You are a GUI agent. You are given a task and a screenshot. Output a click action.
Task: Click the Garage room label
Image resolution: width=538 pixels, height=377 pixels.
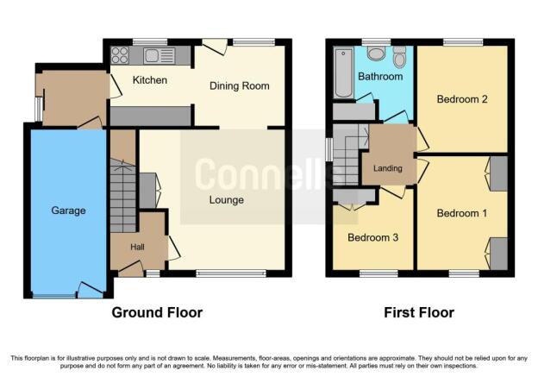tap(68, 210)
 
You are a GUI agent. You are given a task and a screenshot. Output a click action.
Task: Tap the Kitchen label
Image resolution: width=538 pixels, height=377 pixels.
tap(150, 80)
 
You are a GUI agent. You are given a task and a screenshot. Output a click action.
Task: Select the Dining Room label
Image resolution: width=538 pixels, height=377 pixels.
tap(239, 85)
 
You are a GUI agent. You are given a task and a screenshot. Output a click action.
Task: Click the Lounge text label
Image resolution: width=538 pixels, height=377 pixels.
tap(227, 200)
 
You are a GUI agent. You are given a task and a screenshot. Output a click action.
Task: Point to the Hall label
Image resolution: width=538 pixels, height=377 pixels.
tap(137, 247)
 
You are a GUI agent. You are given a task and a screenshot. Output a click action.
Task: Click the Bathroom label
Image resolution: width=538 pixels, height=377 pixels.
tap(380, 76)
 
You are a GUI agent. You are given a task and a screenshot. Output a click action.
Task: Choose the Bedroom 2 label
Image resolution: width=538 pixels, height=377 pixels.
tap(462, 99)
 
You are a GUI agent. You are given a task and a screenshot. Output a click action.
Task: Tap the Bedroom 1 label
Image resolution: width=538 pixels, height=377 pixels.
tap(462, 213)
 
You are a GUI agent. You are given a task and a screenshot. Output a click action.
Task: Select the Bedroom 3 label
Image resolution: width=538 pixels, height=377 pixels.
tap(372, 237)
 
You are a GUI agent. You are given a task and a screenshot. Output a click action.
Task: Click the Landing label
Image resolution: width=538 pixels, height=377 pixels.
tap(388, 168)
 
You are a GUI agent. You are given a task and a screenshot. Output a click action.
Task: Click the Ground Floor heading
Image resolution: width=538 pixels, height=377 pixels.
tap(157, 312)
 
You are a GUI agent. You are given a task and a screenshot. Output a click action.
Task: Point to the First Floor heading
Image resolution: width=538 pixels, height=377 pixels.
tap(419, 312)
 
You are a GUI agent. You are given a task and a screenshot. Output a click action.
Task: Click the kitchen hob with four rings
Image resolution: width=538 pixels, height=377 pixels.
tap(120, 55)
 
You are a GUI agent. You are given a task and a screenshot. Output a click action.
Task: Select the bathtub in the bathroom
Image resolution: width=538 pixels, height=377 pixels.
tap(343, 73)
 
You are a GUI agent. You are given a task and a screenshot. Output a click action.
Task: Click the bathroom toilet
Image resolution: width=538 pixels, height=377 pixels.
tap(399, 57)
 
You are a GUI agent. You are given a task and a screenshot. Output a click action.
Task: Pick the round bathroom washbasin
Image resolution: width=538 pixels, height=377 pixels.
tap(376, 54)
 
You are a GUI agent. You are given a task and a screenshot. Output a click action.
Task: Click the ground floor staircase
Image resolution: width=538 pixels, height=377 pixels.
tap(122, 195)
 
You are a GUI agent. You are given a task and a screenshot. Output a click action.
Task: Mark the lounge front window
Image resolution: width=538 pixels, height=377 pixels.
tap(231, 273)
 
